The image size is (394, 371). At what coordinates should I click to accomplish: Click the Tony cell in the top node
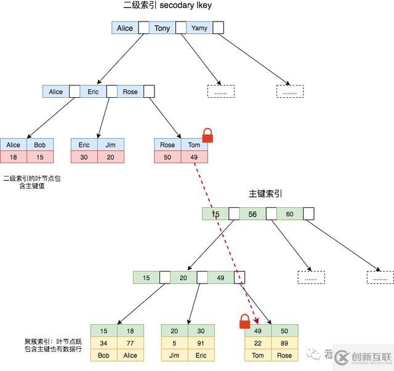163,28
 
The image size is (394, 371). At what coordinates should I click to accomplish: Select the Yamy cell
199,28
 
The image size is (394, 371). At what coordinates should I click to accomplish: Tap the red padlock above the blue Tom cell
207,135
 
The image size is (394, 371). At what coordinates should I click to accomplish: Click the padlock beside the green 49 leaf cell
245,321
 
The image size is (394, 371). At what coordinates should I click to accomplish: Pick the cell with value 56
252,214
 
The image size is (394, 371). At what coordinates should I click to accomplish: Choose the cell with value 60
289,214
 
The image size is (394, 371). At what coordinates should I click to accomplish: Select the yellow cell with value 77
130,343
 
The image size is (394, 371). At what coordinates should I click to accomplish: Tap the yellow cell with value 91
201,343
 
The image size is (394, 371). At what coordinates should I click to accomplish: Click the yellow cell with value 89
284,343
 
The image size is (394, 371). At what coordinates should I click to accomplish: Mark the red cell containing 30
84,157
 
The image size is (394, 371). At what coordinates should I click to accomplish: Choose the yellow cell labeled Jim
174,355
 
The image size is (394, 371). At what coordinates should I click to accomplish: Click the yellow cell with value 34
103,343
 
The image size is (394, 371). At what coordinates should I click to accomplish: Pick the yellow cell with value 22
258,343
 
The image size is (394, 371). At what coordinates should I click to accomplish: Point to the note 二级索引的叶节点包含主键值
32,182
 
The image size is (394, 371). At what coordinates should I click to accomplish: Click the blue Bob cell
40,145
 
